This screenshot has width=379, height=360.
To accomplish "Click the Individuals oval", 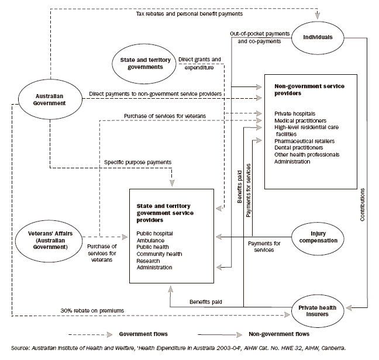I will [x=318, y=37].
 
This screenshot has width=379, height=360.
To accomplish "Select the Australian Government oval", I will [x=50, y=99].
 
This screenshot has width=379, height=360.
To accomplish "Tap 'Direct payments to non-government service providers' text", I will [x=156, y=94].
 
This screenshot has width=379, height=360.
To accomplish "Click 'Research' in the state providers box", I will [x=149, y=261].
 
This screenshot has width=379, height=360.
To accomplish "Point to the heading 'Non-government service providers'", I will [x=309, y=89].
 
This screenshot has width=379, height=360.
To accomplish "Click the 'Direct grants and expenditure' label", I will [x=201, y=63].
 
